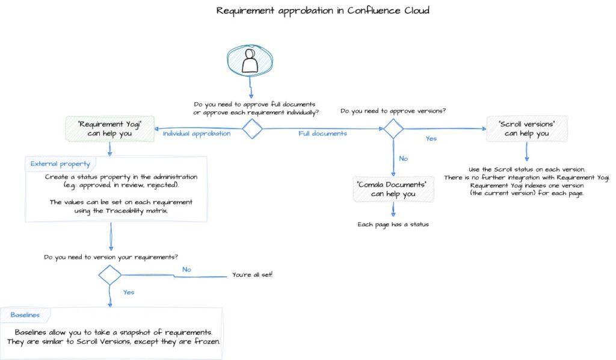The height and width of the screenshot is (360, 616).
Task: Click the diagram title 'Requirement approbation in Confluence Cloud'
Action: point(322,11)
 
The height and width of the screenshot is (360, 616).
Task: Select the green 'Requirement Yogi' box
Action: point(109,129)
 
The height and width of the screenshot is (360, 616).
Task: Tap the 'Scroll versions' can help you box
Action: point(526,128)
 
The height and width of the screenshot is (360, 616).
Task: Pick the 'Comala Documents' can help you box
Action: point(392,188)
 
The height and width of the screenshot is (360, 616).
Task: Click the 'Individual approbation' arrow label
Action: point(196,134)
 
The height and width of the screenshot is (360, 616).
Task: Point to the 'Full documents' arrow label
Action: point(322,134)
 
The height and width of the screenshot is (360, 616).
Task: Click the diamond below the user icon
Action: point(251,128)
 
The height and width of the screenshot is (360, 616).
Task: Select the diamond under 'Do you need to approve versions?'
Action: point(393,128)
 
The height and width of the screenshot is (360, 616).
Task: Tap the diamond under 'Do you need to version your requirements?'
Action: point(110,275)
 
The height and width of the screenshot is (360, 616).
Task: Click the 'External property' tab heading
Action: point(60,164)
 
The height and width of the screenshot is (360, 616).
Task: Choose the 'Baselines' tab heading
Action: point(25,315)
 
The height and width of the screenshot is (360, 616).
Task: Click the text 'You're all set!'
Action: point(252,275)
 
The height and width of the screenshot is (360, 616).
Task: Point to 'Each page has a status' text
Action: point(393,225)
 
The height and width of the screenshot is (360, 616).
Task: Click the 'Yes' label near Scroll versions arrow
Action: point(431,138)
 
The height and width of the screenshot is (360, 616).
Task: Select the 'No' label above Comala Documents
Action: point(404,158)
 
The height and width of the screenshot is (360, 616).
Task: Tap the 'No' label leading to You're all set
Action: point(186,270)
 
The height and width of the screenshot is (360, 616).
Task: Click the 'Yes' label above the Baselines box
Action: point(128,293)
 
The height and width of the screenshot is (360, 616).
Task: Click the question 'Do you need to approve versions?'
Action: point(393,111)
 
